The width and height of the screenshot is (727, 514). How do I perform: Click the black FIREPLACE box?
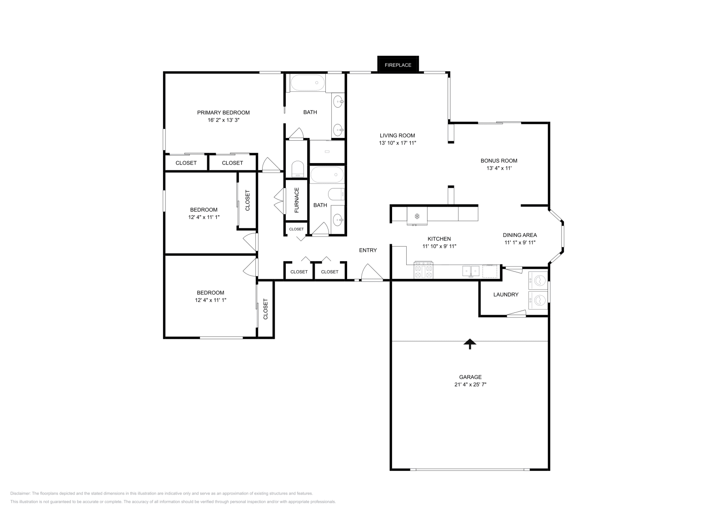[398, 64]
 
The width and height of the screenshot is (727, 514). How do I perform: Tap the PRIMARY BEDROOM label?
[223, 113]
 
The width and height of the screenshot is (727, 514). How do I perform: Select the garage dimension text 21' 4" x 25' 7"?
[470, 385]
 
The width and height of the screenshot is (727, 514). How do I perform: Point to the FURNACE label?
[297, 200]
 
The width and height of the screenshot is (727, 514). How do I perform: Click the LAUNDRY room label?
[506, 295]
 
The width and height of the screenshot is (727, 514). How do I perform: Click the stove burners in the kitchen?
[423, 272]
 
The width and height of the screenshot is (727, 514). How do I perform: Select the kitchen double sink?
[471, 271]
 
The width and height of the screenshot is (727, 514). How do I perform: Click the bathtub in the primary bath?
[308, 83]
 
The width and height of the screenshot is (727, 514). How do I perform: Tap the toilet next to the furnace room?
[297, 169]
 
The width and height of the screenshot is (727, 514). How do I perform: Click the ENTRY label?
[368, 250]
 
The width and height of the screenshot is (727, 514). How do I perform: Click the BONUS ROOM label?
[499, 161]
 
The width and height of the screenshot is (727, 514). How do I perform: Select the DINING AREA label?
[520, 235]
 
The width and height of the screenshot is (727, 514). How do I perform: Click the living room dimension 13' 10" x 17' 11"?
[398, 143]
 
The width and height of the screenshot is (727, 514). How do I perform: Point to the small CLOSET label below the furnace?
[296, 229]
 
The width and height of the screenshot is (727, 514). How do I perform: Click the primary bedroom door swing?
[271, 165]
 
